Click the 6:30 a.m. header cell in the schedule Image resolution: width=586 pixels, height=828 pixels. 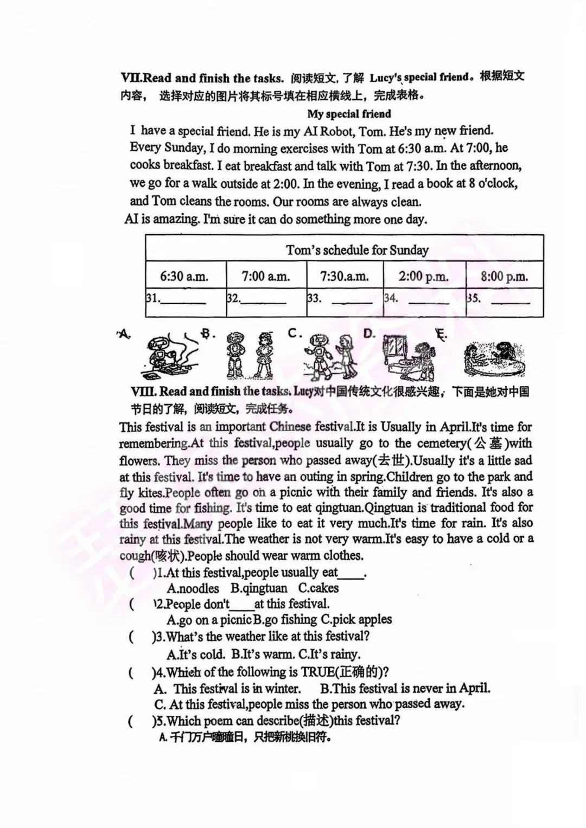[184, 276]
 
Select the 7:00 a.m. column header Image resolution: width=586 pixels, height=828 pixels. [266, 276]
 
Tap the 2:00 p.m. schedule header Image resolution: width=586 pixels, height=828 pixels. [424, 276]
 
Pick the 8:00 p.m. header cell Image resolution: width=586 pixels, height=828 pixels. [504, 276]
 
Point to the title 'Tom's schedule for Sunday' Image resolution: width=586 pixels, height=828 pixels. [357, 250]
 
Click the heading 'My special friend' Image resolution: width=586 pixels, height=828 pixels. [349, 114]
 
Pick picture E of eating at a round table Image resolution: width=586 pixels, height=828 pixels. [494, 359]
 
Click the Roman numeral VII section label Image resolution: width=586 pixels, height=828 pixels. [128, 78]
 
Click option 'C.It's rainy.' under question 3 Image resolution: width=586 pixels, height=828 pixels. [333, 654]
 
